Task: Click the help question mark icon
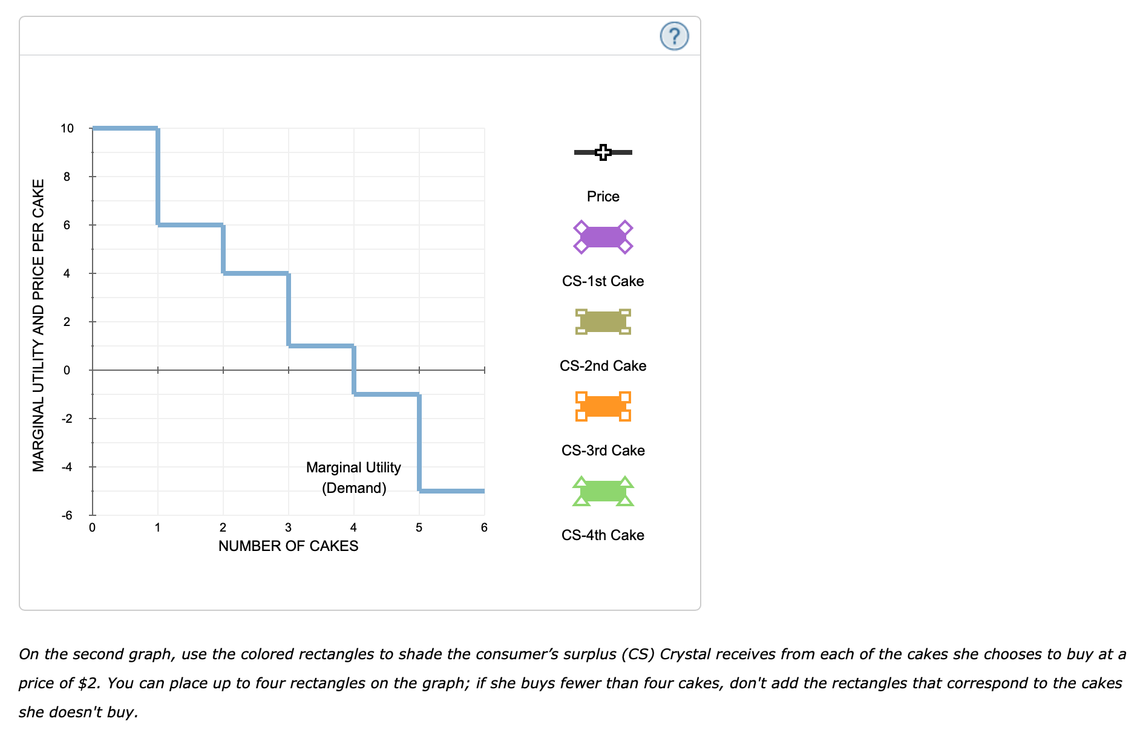(x=674, y=36)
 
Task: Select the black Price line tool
(x=603, y=152)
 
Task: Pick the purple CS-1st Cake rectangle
(x=603, y=236)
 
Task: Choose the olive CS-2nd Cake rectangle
(x=603, y=322)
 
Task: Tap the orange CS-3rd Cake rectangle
(x=603, y=406)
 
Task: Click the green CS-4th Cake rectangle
(x=603, y=491)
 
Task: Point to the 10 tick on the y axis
(x=67, y=128)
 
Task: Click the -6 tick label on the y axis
(x=67, y=515)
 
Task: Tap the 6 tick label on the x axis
(x=484, y=528)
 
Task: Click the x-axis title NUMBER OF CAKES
(x=288, y=546)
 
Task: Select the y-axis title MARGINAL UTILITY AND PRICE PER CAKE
(x=39, y=325)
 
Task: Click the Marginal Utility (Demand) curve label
(x=353, y=478)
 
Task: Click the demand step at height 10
(x=125, y=128)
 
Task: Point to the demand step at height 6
(x=190, y=225)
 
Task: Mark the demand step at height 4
(x=255, y=273)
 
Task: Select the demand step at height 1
(x=321, y=346)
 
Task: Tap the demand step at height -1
(x=386, y=394)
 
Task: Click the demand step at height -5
(x=451, y=491)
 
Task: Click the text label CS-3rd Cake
(x=603, y=451)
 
